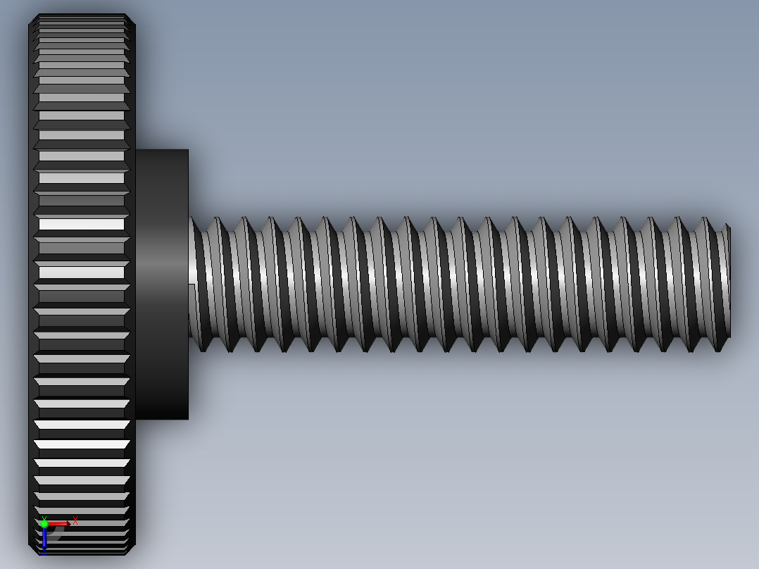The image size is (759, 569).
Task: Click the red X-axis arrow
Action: coord(59,523)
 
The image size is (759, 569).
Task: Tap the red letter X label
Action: coord(75,521)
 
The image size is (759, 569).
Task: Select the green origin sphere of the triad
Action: coord(44,523)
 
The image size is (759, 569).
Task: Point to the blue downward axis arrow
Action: coord(44,539)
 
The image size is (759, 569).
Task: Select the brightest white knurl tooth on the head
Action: coord(81,224)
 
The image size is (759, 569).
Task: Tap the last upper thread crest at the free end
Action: coord(705,219)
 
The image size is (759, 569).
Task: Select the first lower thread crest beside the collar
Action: coord(204,348)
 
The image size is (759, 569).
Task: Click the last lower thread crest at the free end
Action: coord(718,348)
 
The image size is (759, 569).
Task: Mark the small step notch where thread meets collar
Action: coord(192,284)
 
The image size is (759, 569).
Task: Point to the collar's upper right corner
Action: coord(187,151)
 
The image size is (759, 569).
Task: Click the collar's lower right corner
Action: coord(187,418)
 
